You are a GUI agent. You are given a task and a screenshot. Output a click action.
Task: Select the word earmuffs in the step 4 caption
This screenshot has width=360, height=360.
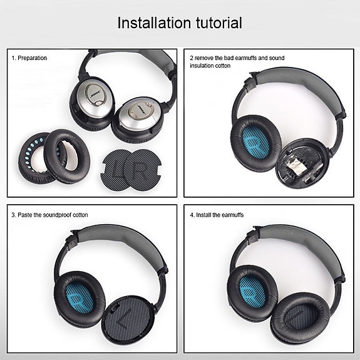pyautogui.click(x=233, y=215)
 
